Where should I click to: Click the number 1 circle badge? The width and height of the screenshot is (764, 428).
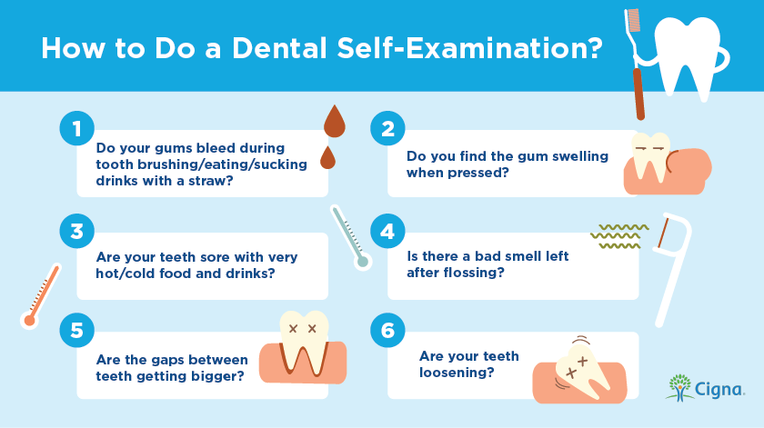tap(77, 128)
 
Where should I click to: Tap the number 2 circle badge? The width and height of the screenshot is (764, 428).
tap(387, 128)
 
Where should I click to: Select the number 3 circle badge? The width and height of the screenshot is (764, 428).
tap(77, 232)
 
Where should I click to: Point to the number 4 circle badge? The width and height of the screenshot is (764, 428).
tap(387, 232)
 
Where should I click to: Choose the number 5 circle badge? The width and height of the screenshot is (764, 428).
tap(77, 330)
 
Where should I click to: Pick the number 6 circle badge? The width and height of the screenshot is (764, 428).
tap(387, 330)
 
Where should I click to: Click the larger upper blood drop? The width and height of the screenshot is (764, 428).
tap(335, 123)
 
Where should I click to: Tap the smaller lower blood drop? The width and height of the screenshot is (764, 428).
tap(328, 159)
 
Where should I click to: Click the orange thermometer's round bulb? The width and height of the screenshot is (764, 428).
tap(30, 321)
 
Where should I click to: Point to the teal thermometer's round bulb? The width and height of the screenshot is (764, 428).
tap(363, 262)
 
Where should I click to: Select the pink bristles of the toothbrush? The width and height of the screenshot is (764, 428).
tap(633, 20)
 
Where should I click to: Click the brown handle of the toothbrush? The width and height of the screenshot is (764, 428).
tap(638, 94)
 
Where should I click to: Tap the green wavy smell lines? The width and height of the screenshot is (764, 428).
tap(619, 236)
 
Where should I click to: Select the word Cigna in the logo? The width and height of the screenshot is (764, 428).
tap(719, 390)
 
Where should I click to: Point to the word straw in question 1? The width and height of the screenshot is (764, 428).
tap(211, 181)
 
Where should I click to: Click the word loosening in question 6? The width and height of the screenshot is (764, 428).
tap(457, 373)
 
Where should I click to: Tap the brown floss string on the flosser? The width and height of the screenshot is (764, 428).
tap(662, 233)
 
